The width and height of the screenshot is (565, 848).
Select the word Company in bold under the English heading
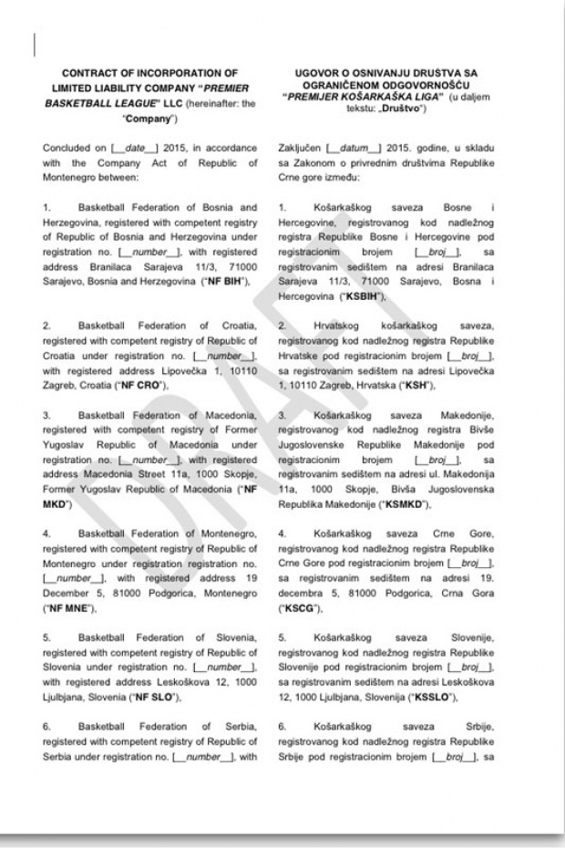pyautogui.click(x=123, y=119)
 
